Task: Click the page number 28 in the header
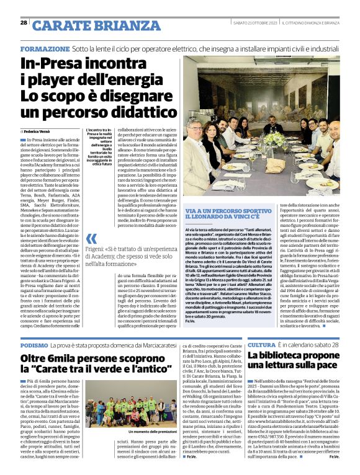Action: click(24, 23)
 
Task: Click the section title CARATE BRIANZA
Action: click(86, 25)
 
